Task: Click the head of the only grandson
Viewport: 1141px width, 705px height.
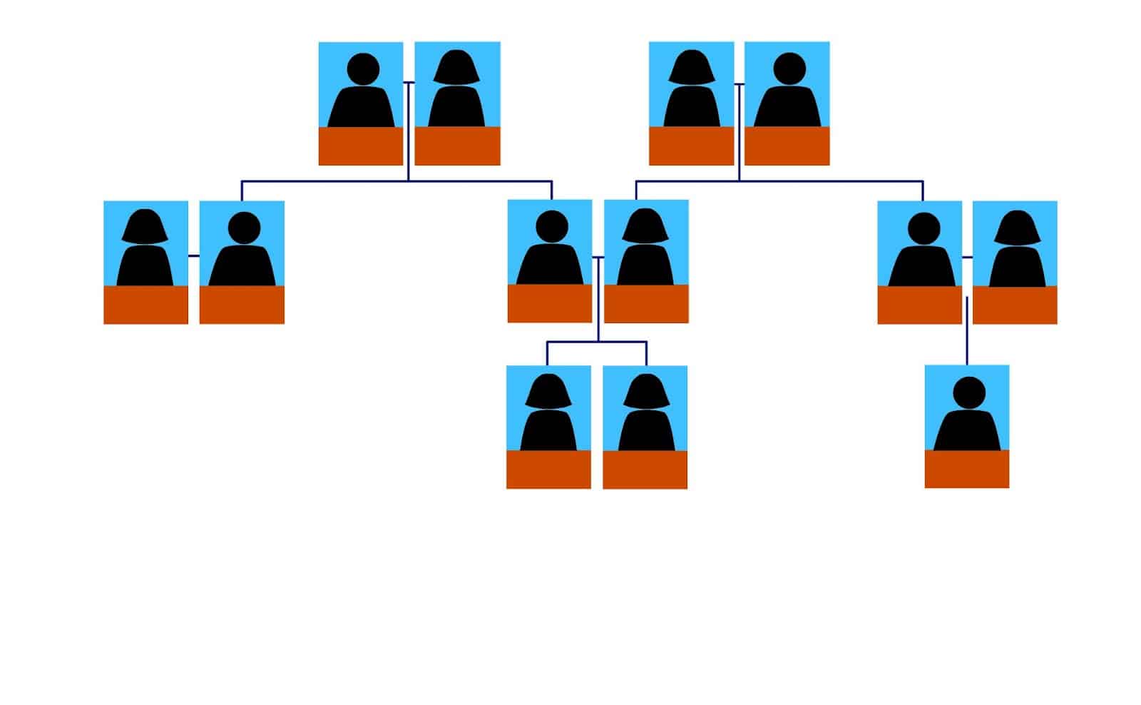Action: [968, 392]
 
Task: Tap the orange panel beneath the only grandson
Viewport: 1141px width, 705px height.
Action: [966, 469]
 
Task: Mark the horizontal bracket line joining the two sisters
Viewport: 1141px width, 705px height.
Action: [598, 343]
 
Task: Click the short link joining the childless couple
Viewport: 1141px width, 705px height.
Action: [193, 255]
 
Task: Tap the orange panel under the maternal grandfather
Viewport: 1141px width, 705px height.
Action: [787, 146]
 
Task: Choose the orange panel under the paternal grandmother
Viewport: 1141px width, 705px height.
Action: [457, 146]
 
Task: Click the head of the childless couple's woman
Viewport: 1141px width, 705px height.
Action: [145, 225]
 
